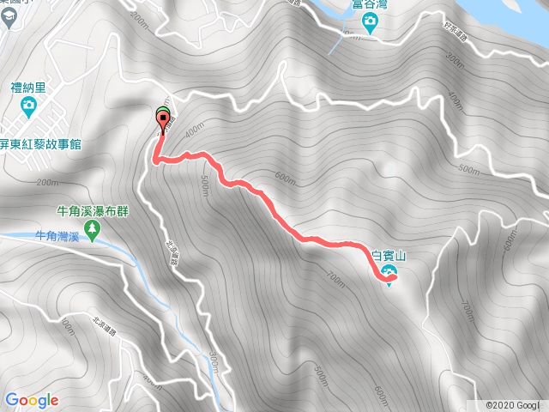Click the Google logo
coord(31,400)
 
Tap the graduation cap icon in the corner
coord(7,23)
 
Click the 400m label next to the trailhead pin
coord(192,129)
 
